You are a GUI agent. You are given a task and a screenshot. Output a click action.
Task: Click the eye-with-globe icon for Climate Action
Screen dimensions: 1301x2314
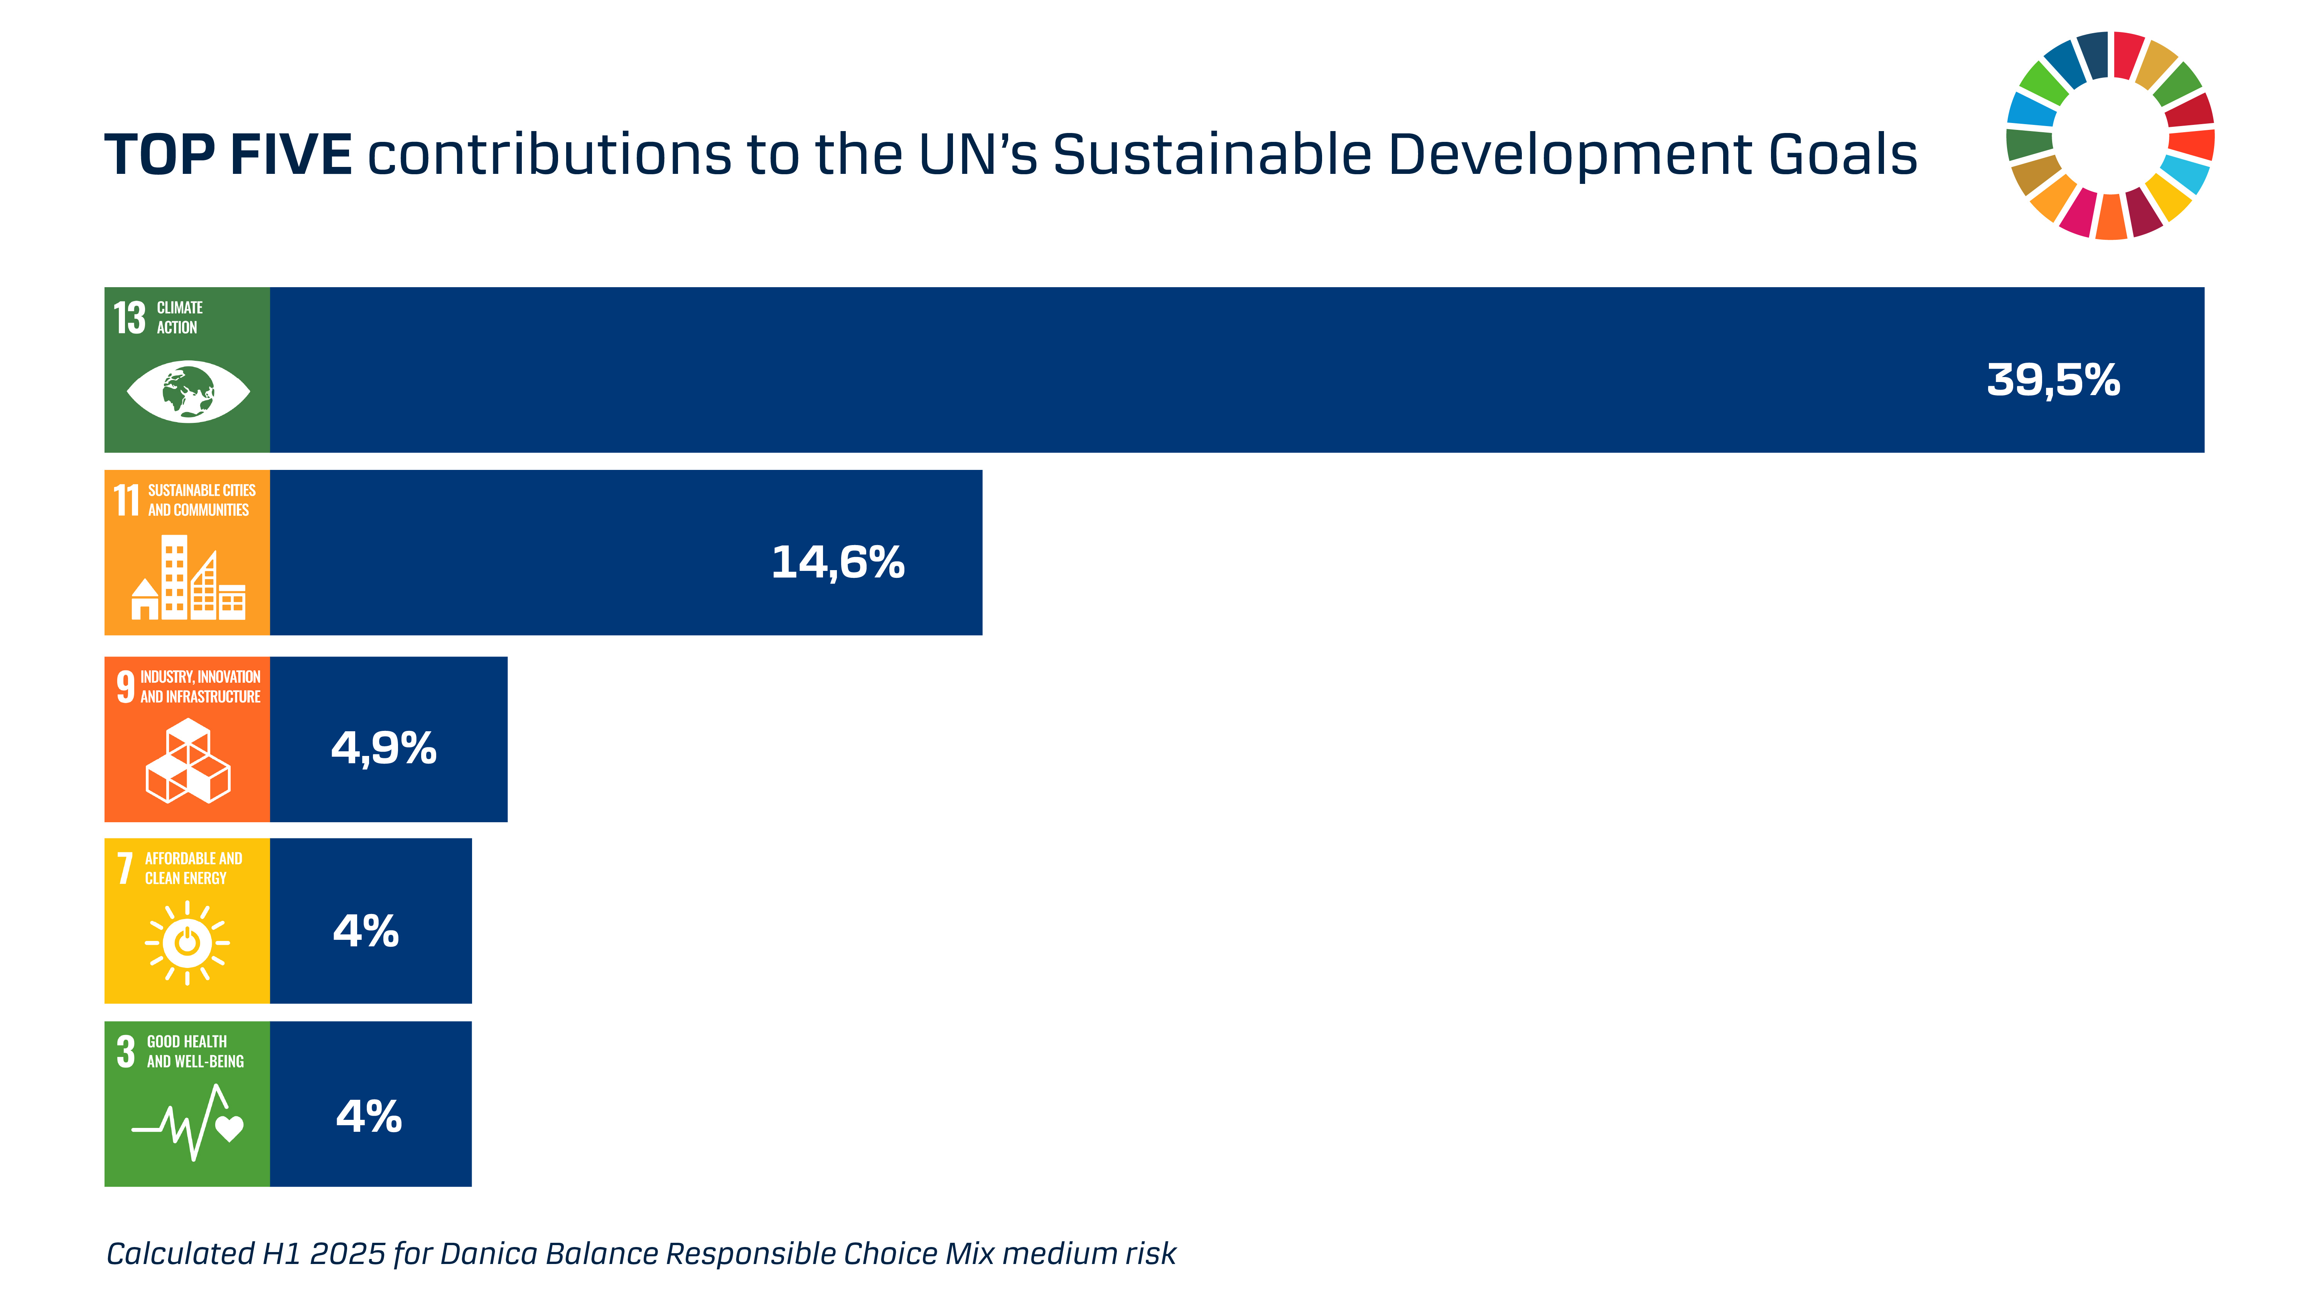(x=188, y=392)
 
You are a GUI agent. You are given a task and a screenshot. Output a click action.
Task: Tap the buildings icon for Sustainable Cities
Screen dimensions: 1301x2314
(x=188, y=577)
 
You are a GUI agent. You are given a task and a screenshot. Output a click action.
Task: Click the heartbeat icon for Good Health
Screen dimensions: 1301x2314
(x=188, y=1122)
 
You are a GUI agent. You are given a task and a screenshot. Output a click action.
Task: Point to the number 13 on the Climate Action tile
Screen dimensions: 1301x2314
(x=129, y=318)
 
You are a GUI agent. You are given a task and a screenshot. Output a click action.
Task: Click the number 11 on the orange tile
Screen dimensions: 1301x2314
(x=126, y=500)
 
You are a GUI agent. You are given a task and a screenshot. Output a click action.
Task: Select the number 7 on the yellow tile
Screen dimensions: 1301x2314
(x=125, y=868)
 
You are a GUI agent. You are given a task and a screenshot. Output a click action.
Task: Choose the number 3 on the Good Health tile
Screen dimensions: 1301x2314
(x=126, y=1051)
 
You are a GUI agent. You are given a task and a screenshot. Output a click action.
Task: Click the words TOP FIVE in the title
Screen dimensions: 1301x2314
(x=228, y=155)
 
